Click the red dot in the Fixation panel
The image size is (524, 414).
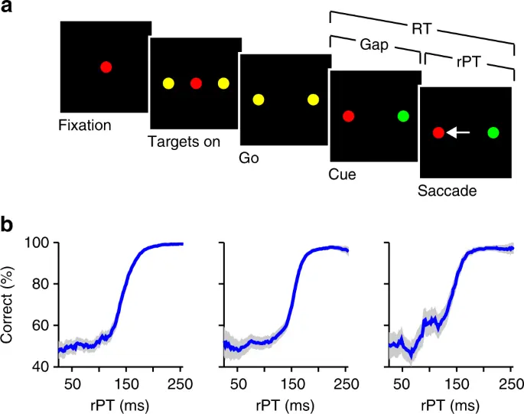pyautogui.click(x=106, y=67)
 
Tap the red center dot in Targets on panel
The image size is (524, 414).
pyautogui.click(x=196, y=83)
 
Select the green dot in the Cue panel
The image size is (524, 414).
pyautogui.click(x=403, y=116)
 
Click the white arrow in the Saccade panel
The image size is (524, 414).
pyautogui.click(x=457, y=132)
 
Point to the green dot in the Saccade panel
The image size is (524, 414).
pyautogui.click(x=493, y=132)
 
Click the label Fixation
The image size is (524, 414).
pyautogui.click(x=85, y=124)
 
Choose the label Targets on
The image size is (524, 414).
pyautogui.click(x=184, y=142)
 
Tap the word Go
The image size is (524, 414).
pyautogui.click(x=249, y=158)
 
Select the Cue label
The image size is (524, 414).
pyautogui.click(x=343, y=174)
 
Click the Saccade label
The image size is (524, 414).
pyautogui.click(x=448, y=190)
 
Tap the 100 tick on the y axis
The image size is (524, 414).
pyautogui.click(x=37, y=243)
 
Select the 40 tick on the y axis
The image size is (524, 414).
pyautogui.click(x=40, y=367)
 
